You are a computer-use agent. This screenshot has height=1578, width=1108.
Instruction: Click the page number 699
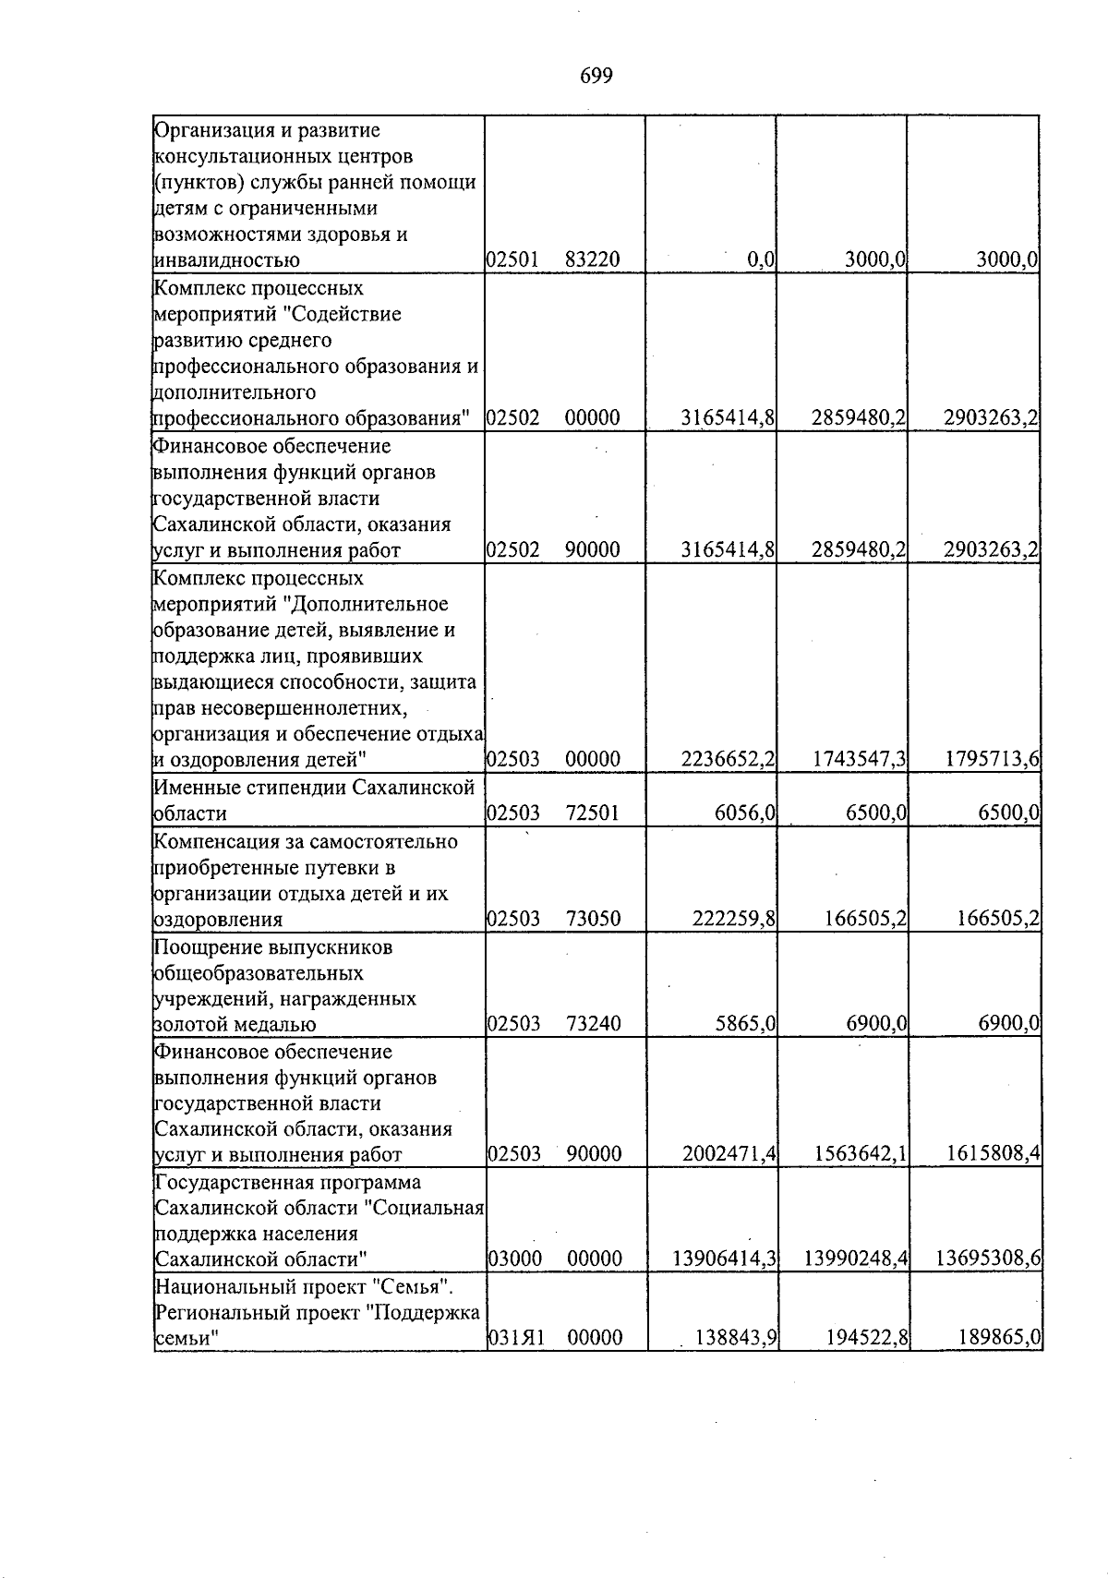pyautogui.click(x=596, y=77)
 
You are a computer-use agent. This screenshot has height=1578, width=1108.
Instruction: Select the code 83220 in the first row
pyautogui.click(x=592, y=261)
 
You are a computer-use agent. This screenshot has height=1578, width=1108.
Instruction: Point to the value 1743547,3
pyautogui.click(x=859, y=760)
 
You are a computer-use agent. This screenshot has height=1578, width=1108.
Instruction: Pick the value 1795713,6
pyautogui.click(x=993, y=760)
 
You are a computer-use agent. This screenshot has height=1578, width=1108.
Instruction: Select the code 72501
pyautogui.click(x=592, y=813)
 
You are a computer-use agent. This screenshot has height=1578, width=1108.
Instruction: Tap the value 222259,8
pyautogui.click(x=734, y=919)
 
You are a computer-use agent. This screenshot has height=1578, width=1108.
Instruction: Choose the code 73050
pyautogui.click(x=592, y=919)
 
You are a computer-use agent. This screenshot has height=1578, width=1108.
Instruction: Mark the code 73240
pyautogui.click(x=592, y=1024)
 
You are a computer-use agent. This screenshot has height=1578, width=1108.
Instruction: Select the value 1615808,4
pyautogui.click(x=993, y=1154)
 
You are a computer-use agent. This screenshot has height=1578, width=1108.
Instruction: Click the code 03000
pyautogui.click(x=514, y=1259)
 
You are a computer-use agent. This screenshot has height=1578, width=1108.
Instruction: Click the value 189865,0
pyautogui.click(x=999, y=1338)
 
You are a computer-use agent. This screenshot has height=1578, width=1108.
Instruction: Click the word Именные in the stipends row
pyautogui.click(x=192, y=788)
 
